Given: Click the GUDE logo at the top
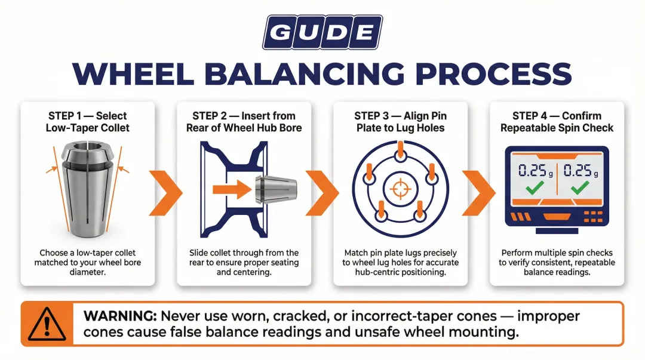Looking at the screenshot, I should coord(322,32).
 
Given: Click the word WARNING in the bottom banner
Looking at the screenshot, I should coord(116,316).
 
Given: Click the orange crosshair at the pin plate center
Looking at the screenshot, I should coord(400,190).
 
